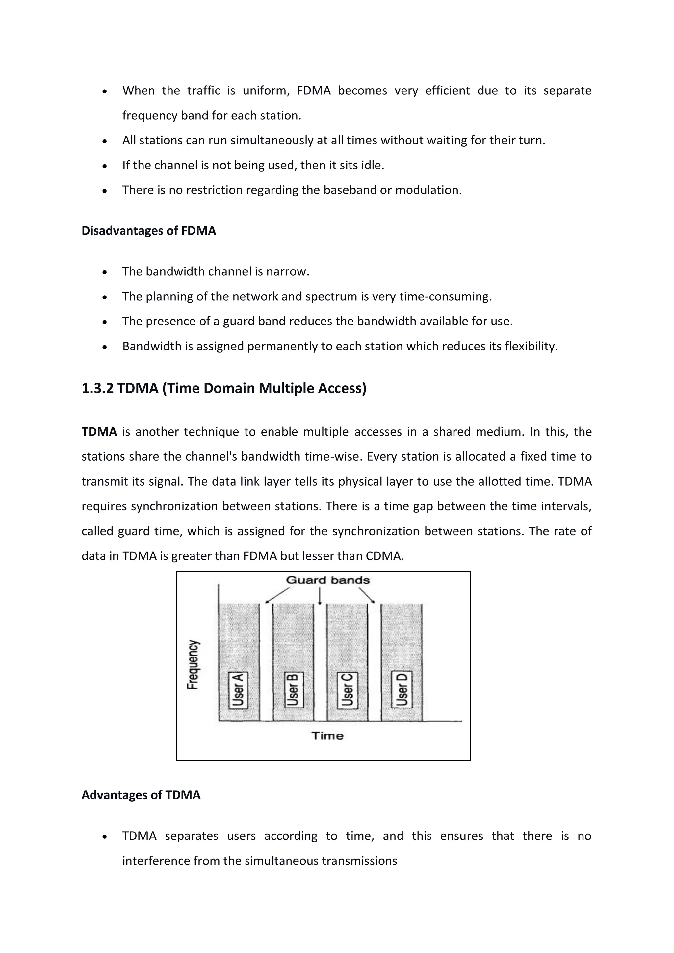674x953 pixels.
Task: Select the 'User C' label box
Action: click(x=347, y=690)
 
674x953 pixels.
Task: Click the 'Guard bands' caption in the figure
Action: click(x=327, y=580)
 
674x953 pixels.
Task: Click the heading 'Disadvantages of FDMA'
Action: click(x=148, y=231)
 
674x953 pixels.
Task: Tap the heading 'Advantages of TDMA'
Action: click(x=141, y=795)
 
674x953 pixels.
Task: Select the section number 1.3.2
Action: click(x=97, y=389)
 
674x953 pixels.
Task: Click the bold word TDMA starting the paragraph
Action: click(x=99, y=432)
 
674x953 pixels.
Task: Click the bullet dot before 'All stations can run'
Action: click(x=105, y=141)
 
